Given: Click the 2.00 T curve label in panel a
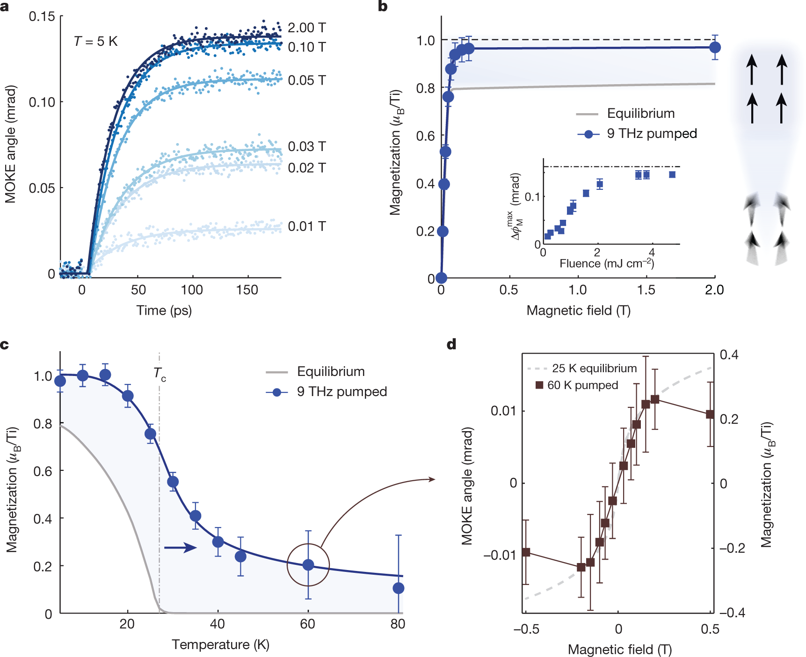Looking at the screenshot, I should [306, 28].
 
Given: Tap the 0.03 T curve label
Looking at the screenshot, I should [306, 146].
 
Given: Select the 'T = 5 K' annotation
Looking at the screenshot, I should [96, 42].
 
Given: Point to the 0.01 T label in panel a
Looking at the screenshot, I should [306, 226].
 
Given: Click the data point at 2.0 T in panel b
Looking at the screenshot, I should [715, 47].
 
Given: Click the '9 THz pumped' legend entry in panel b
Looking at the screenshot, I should [651, 134].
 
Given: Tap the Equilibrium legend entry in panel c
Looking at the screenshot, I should [330, 372].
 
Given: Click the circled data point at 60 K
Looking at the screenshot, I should [308, 565].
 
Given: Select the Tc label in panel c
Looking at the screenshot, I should [160, 374].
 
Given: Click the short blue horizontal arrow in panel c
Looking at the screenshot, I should [181, 548].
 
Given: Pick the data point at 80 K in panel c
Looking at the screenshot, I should [399, 588].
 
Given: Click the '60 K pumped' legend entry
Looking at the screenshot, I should [582, 385].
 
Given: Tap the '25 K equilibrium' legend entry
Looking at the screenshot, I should [594, 368].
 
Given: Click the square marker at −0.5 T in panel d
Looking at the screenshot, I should [526, 552].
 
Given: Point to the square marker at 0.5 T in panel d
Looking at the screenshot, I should [710, 414].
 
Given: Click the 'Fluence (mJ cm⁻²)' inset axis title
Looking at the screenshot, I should [606, 264].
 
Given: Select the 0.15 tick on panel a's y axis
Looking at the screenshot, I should [42, 17].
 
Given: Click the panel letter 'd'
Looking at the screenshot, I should [451, 345].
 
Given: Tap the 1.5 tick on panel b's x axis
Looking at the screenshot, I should [646, 290].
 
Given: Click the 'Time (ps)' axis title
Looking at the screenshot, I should [164, 310].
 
